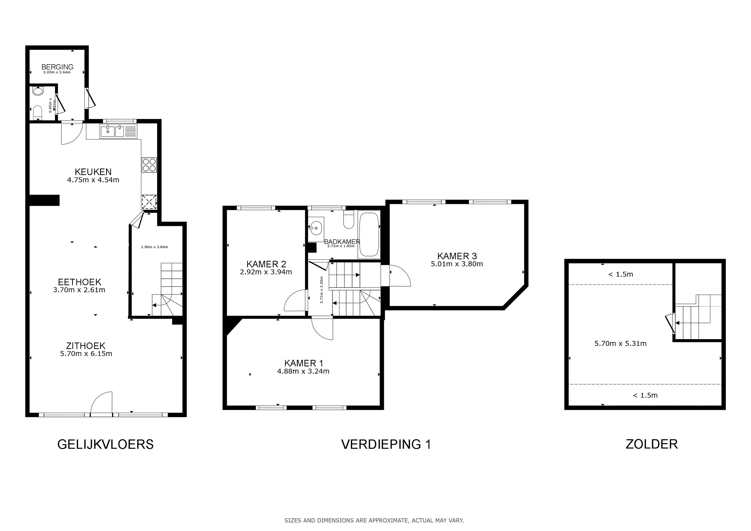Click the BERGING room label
pyautogui.click(x=57, y=67)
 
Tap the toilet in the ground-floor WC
pyautogui.click(x=38, y=113)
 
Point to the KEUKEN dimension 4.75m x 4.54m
pyautogui.click(x=93, y=180)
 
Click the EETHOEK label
pyautogui.click(x=80, y=282)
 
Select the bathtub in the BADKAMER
pyautogui.click(x=369, y=234)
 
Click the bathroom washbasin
pyautogui.click(x=316, y=228)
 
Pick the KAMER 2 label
pyautogui.click(x=266, y=264)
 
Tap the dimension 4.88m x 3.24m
pyautogui.click(x=303, y=372)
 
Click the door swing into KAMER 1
pyautogui.click(x=323, y=328)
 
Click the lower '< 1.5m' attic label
pyautogui.click(x=645, y=395)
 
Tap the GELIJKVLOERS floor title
pyautogui.click(x=105, y=445)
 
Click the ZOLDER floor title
pyautogui.click(x=652, y=444)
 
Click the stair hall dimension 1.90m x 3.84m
pyautogui.click(x=154, y=247)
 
